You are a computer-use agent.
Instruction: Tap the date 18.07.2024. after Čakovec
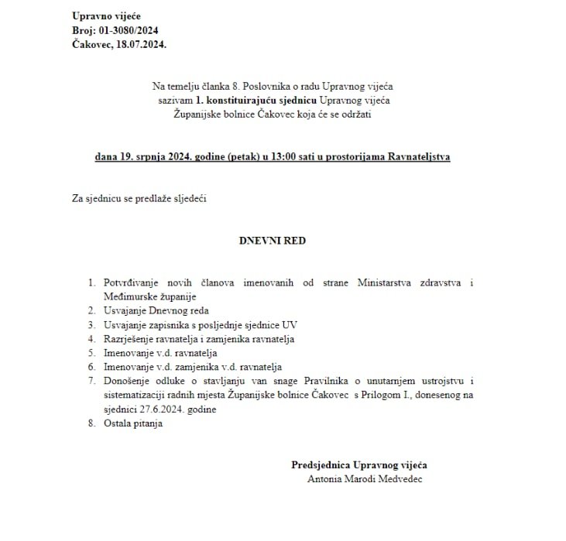(140, 44)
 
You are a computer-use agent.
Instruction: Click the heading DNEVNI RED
(272, 240)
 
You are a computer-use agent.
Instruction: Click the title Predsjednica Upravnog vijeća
(359, 465)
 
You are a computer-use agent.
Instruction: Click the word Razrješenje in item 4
(127, 339)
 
